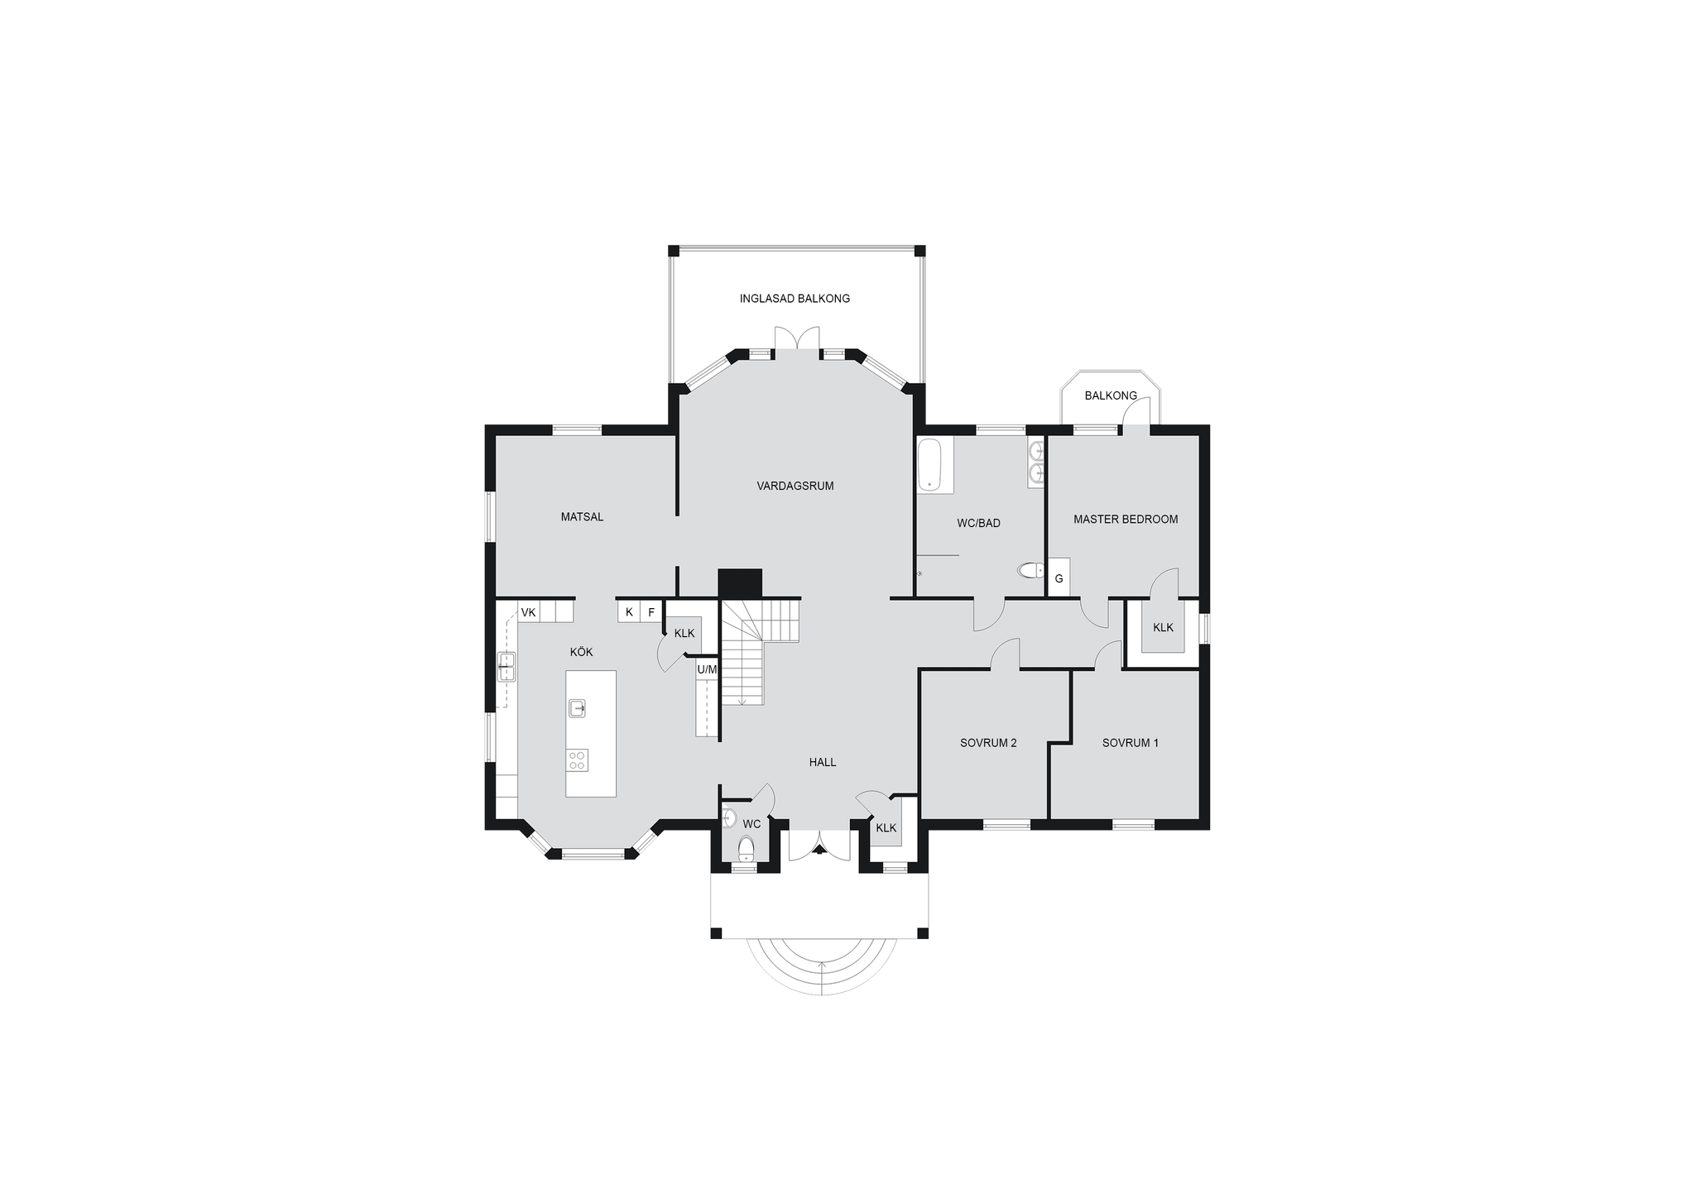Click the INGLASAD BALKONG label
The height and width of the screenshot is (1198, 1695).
tap(795, 299)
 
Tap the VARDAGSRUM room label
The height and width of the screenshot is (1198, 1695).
tap(795, 486)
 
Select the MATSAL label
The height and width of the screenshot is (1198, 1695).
tap(582, 517)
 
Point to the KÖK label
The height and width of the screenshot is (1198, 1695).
tap(582, 652)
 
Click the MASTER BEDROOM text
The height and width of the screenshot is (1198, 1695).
tap(1126, 520)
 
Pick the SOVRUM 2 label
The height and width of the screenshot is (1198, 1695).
tap(988, 743)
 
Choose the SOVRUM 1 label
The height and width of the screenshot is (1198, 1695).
tap(1130, 743)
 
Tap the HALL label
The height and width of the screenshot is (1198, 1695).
tap(823, 762)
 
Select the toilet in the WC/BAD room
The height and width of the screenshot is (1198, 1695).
tap(1031, 571)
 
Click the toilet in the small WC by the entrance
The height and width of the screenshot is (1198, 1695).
tap(746, 848)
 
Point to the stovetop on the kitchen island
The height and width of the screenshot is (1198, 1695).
tap(577, 760)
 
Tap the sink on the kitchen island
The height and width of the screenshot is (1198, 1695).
tap(577, 708)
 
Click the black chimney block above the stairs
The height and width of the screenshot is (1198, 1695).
tap(739, 582)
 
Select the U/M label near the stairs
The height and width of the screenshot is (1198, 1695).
tap(707, 669)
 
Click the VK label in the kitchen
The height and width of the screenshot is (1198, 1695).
tap(528, 613)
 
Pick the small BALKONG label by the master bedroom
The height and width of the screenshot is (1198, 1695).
tap(1111, 395)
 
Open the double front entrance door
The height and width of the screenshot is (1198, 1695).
tap(819, 844)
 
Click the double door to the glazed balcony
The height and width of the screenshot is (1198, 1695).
tap(797, 338)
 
